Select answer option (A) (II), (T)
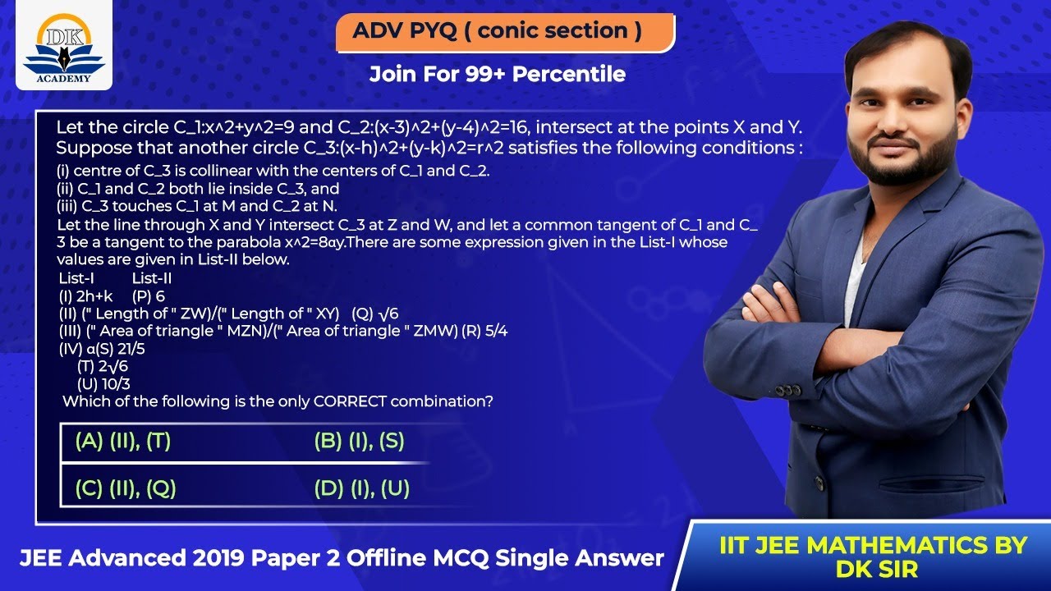pyautogui.click(x=122, y=442)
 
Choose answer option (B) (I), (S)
pyautogui.click(x=359, y=442)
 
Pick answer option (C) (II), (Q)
pyautogui.click(x=125, y=489)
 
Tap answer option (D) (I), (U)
pyautogui.click(x=361, y=489)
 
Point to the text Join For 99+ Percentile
pyautogui.click(x=497, y=75)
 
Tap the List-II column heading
pyautogui.click(x=152, y=278)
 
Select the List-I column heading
pyautogui.click(x=76, y=278)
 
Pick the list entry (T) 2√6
pyautogui.click(x=103, y=366)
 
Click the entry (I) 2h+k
pyautogui.click(x=85, y=295)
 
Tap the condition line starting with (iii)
pyautogui.click(x=196, y=206)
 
